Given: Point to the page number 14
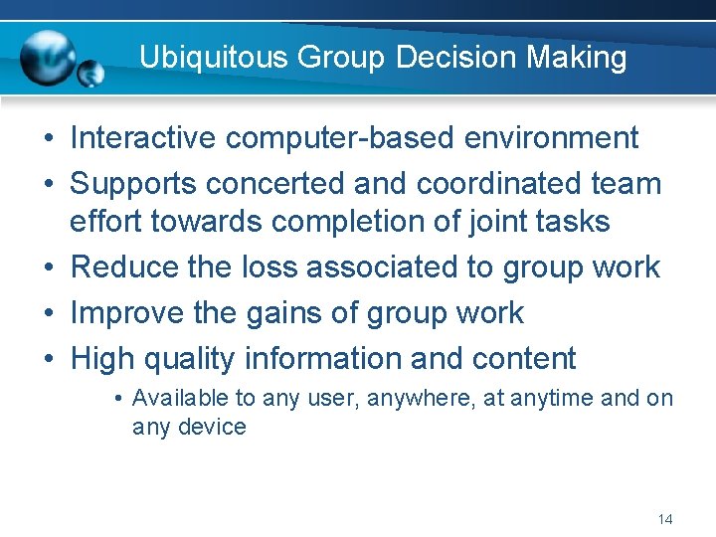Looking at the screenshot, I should pos(665,519).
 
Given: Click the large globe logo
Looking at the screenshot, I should pos(48,57).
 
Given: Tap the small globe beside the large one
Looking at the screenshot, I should pos(90,74).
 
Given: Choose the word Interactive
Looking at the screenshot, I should pos(143,138).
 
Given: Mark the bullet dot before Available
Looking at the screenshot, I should pos(117,400).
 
